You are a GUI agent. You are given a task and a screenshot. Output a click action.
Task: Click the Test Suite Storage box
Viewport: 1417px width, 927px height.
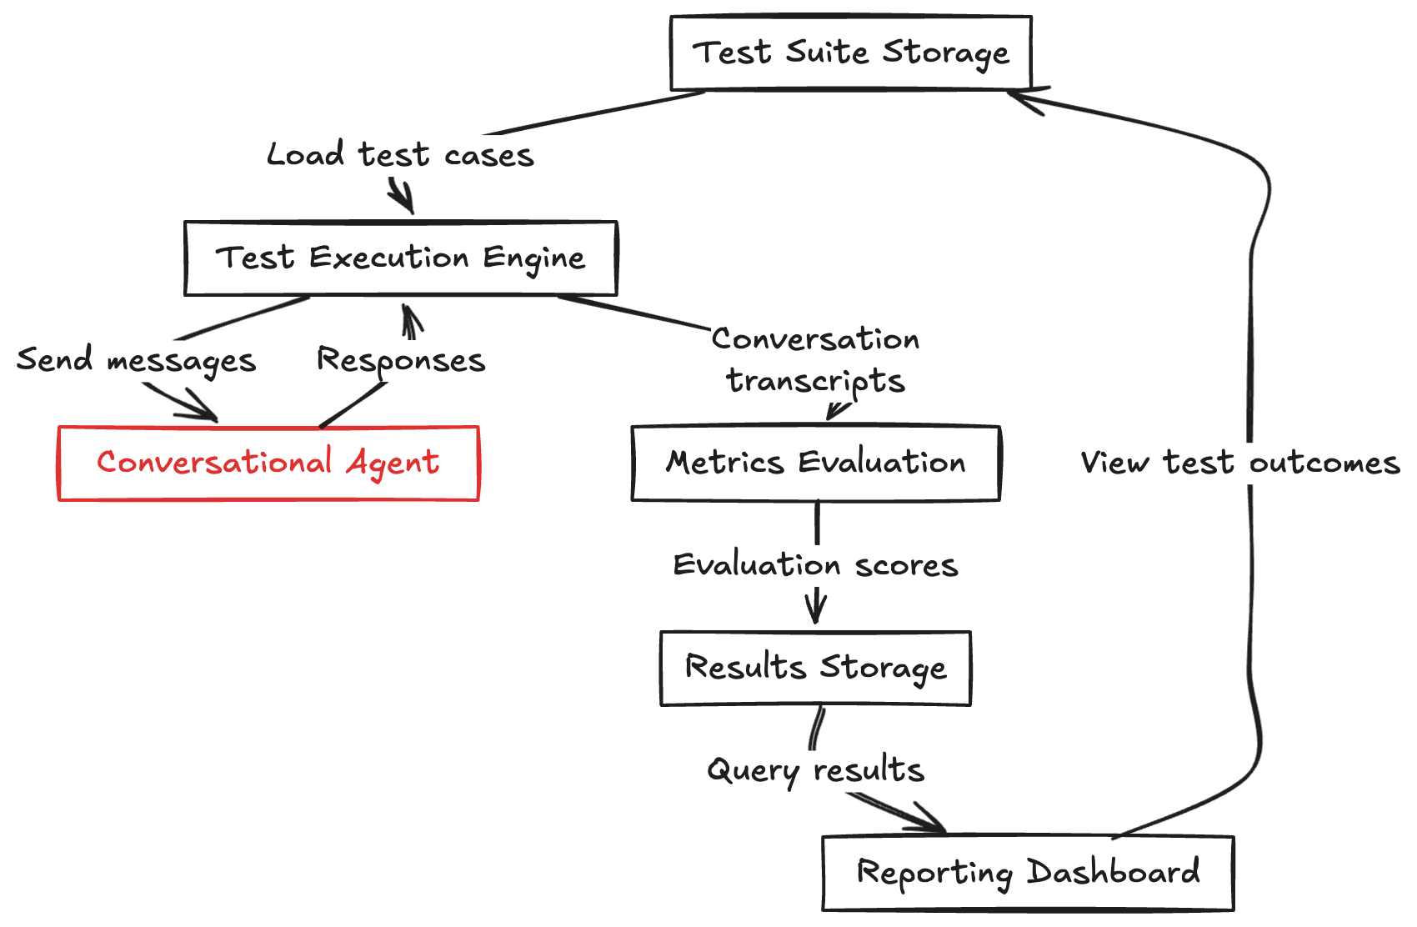pos(851,53)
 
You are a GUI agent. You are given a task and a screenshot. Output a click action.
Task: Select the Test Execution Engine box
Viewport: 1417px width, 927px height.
pos(400,258)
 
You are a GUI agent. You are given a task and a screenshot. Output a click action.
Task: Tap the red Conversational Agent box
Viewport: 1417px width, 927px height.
pos(268,463)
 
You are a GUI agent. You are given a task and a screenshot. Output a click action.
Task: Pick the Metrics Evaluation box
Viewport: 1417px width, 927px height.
pos(815,463)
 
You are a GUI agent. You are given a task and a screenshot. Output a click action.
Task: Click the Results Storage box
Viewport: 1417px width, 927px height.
pos(815,668)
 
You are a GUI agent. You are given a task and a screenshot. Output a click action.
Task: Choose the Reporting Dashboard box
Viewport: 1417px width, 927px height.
pos(1028,873)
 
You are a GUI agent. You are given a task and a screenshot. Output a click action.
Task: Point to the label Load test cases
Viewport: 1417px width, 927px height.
pos(400,155)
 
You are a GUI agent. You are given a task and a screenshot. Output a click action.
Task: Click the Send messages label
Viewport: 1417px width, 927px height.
pos(136,360)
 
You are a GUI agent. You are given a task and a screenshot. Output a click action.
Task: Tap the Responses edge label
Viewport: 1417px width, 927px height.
pos(400,360)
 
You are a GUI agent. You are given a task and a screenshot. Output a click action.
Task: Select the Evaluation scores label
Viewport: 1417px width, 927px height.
pos(815,565)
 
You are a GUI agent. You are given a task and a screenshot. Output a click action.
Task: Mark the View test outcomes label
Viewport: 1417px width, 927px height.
pos(1239,463)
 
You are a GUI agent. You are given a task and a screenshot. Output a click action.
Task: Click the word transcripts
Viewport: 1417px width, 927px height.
pos(815,381)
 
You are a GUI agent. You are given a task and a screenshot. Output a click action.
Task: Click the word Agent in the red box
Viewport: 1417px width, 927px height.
pos(393,463)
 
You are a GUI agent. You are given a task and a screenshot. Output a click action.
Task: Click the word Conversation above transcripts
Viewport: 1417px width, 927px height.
pos(815,339)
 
